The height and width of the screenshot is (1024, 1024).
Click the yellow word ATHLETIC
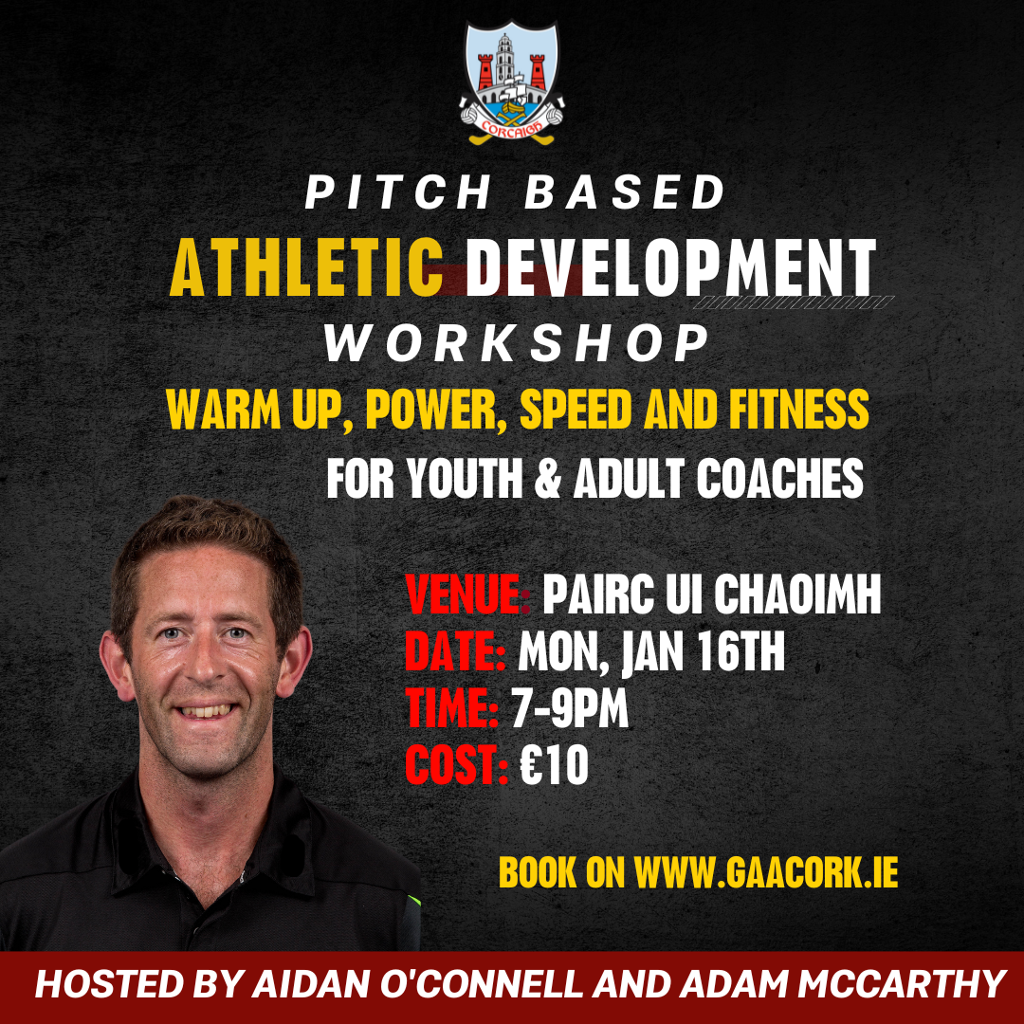[306, 268]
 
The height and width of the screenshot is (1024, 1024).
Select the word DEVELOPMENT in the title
[671, 268]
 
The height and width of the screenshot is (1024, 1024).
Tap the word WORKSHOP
[517, 344]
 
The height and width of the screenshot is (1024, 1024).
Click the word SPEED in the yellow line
[576, 410]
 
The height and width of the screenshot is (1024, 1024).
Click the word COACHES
[779, 480]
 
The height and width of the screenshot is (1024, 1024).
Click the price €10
[554, 766]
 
